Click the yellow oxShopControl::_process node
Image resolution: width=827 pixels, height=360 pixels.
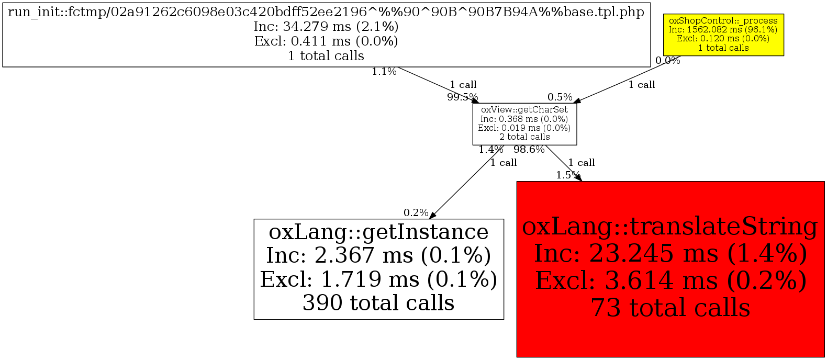point(723,35)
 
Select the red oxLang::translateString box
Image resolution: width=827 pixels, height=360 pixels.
point(670,269)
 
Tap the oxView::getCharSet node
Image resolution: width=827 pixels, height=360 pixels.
point(524,124)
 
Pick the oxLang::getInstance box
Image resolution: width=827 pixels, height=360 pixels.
point(378,269)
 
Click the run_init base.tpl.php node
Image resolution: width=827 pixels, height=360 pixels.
point(326,34)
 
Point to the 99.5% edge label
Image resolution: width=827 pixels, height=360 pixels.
point(462,97)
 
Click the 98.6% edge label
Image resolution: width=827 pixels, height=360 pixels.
point(529,150)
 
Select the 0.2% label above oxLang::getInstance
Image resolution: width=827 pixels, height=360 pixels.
point(416,213)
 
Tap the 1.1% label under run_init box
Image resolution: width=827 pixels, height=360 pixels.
point(384,72)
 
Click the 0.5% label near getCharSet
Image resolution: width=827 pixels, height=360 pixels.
point(560,97)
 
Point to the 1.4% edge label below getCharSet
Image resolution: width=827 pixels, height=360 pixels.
point(490,150)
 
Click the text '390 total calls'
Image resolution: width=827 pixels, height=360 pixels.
point(378,303)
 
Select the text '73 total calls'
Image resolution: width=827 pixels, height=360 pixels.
point(670,308)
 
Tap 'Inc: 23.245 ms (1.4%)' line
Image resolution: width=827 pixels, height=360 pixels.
point(670,254)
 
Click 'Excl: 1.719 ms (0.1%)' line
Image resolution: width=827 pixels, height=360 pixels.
point(378,279)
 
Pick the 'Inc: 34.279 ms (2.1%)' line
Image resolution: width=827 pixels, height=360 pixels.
point(326,27)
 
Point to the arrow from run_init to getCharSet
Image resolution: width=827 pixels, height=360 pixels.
point(434,84)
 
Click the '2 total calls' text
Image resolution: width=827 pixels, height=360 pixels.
point(524,137)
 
